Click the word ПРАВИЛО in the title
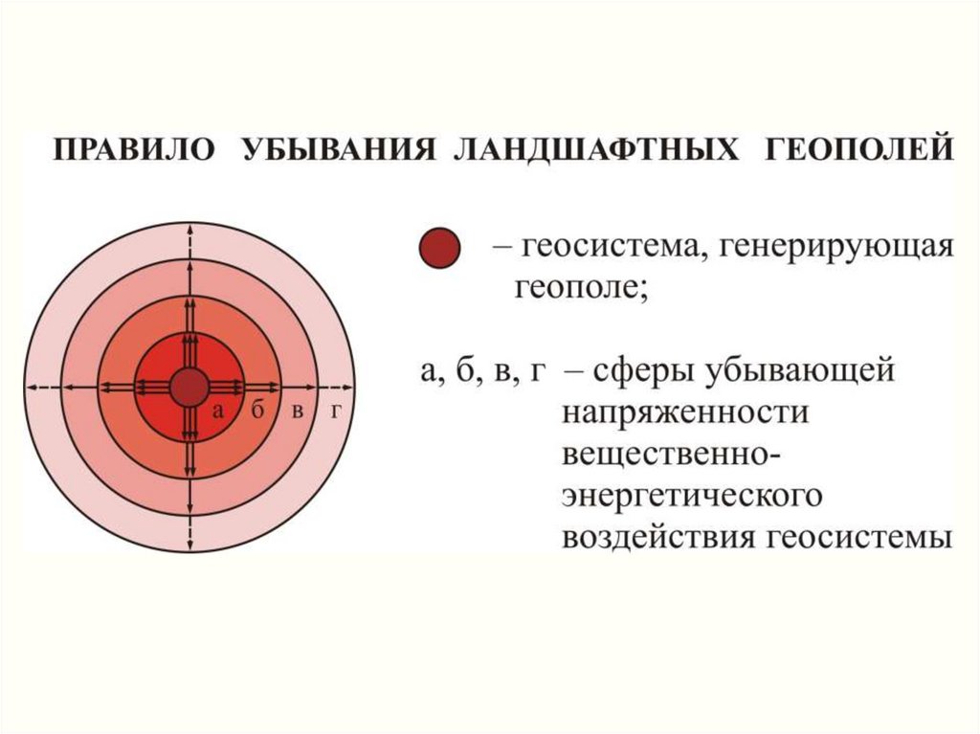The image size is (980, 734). click(133, 150)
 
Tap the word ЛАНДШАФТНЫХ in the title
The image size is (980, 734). click(595, 150)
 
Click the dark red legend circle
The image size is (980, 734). click(439, 248)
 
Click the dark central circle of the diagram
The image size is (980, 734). click(189, 388)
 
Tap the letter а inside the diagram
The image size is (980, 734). click(217, 411)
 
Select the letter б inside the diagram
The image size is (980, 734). click(258, 411)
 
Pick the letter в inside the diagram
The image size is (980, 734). click(299, 411)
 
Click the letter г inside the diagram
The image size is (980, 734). click(336, 411)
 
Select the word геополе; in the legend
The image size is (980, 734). click(581, 289)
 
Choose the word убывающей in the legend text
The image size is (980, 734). click(801, 371)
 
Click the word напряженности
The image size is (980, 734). click(685, 413)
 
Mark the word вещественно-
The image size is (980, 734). click(672, 454)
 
